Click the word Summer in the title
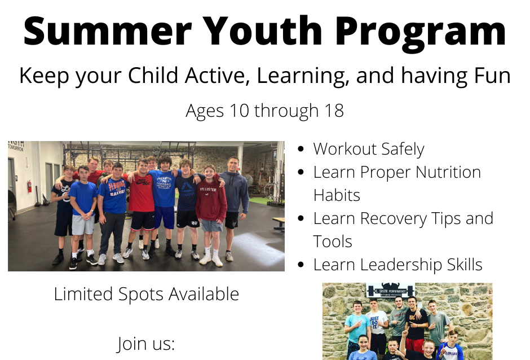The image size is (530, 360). click(x=108, y=30)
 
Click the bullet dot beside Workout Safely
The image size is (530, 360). click(x=301, y=149)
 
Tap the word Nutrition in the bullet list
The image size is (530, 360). click(x=448, y=172)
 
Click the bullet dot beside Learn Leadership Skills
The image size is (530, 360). click(x=301, y=265)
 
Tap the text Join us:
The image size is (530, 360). click(x=146, y=344)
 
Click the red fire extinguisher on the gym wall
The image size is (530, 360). click(x=29, y=186)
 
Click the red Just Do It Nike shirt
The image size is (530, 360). click(x=142, y=193)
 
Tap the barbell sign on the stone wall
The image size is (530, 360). click(x=391, y=290)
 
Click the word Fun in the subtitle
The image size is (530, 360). click(x=492, y=76)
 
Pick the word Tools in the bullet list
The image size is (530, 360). click(x=333, y=242)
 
